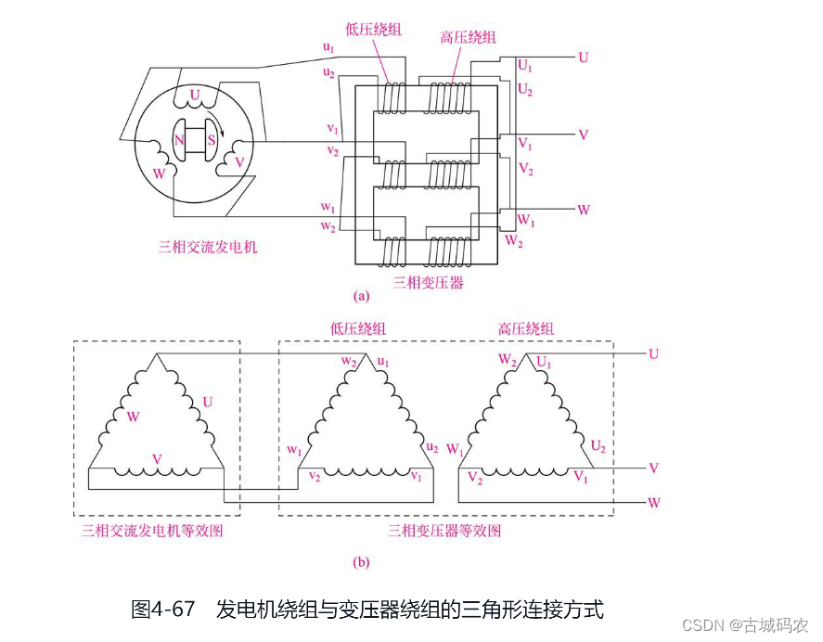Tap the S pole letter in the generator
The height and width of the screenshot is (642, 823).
click(212, 141)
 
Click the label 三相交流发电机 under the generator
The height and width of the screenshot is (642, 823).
click(208, 248)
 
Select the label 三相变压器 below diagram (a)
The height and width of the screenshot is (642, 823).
click(429, 282)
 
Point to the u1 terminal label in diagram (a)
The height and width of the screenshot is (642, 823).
click(329, 46)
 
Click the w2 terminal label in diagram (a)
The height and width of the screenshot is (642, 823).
click(328, 225)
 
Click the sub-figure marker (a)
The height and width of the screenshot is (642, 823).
click(362, 296)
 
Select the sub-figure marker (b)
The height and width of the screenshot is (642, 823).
click(362, 561)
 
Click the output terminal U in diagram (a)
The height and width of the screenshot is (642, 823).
click(583, 58)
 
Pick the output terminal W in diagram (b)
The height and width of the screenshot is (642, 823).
click(654, 503)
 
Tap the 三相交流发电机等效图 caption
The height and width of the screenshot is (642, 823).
click(152, 531)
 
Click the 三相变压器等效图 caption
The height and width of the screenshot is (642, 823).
click(444, 531)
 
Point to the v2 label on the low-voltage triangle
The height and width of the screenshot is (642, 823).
click(315, 476)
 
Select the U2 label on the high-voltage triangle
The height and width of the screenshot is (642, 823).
click(598, 447)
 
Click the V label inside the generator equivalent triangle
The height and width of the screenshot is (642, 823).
click(157, 459)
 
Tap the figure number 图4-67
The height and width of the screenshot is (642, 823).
click(163, 610)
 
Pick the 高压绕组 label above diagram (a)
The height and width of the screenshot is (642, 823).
click(468, 38)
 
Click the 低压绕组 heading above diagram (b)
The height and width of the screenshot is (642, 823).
click(358, 328)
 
